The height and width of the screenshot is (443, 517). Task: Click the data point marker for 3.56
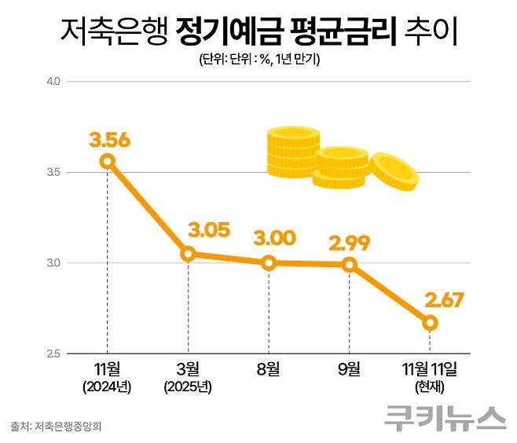[107, 161]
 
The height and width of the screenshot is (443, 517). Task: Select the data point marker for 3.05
[188, 254]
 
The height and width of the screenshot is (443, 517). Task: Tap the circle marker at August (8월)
[269, 263]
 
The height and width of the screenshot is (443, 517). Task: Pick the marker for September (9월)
[350, 265]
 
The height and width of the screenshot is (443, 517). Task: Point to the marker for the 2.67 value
[430, 323]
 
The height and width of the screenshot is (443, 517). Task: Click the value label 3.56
[109, 141]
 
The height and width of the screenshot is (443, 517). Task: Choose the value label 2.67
[447, 298]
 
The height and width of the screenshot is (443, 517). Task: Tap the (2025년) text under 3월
[188, 386]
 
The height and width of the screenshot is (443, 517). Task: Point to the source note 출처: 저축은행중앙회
[57, 427]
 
